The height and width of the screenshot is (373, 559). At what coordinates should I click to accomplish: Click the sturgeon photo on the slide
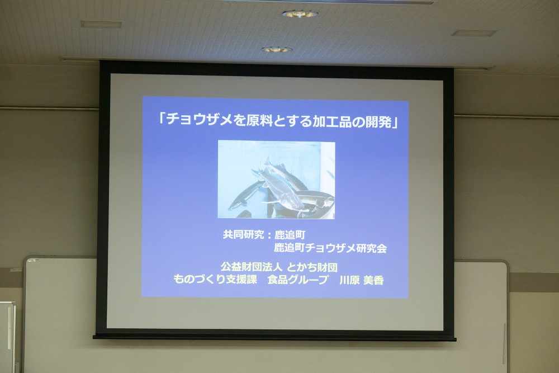(x=276, y=180)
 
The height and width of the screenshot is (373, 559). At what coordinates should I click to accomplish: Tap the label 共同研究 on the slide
(x=243, y=235)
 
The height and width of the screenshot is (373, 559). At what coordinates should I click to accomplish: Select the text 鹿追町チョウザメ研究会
(x=330, y=248)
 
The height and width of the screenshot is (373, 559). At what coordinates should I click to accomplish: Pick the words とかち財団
(x=312, y=267)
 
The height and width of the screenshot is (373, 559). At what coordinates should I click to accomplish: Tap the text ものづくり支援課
(x=215, y=280)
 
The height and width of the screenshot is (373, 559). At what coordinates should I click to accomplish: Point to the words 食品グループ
(x=298, y=280)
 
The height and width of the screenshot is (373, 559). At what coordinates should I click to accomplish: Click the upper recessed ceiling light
(x=300, y=14)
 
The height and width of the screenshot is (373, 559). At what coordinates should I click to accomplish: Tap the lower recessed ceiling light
(x=276, y=50)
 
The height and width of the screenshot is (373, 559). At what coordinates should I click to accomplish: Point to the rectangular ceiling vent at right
(x=474, y=33)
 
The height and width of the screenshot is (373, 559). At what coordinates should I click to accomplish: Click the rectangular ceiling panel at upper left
(x=101, y=24)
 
